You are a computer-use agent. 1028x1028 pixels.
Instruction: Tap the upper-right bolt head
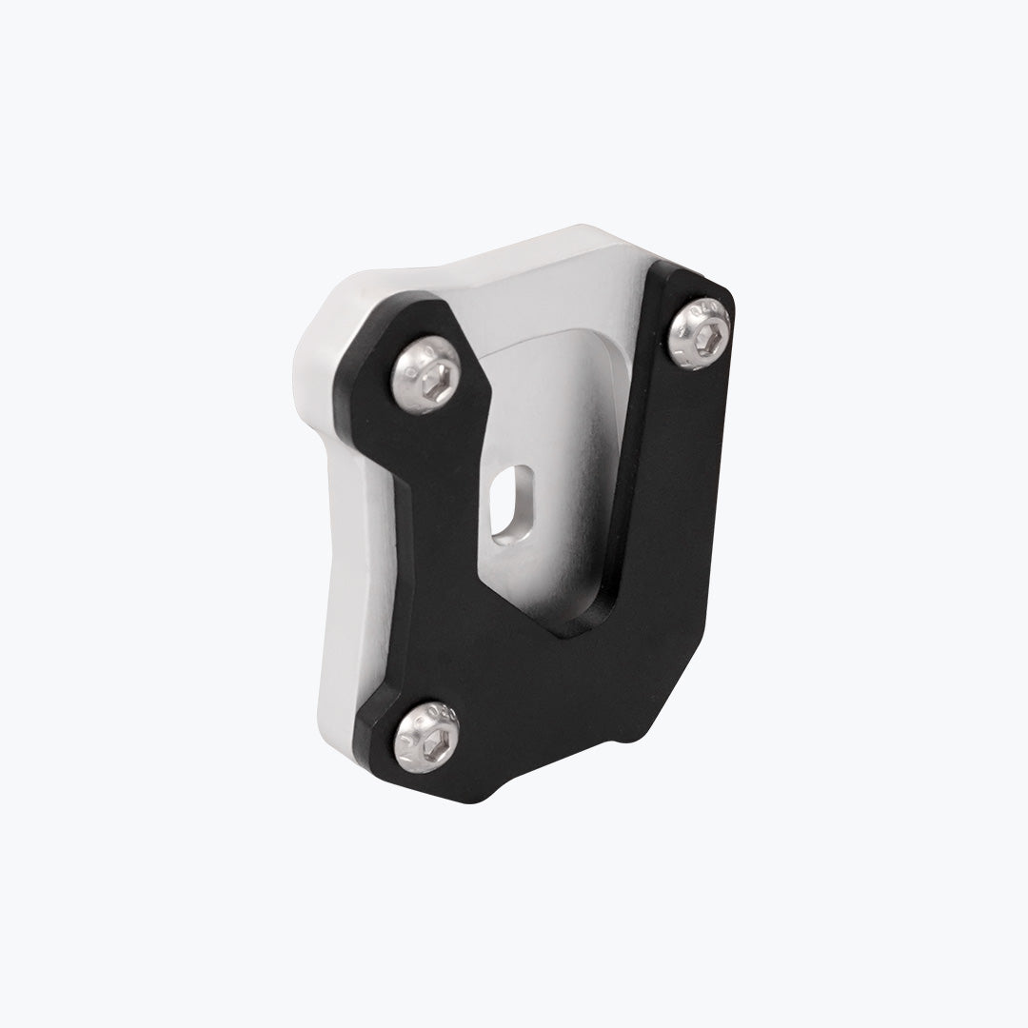pos(701,329)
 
